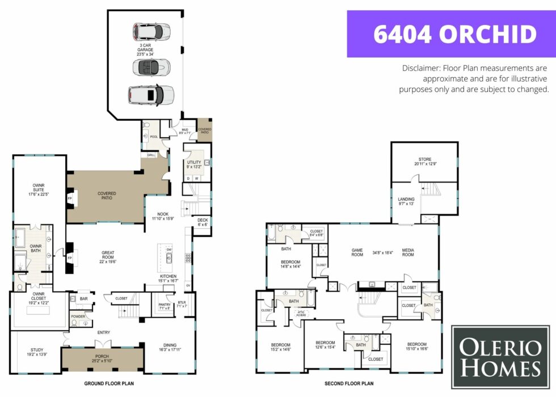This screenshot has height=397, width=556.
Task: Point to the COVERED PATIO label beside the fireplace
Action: pyautogui.click(x=107, y=196)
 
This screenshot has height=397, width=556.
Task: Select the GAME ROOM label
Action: pyautogui.click(x=357, y=252)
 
